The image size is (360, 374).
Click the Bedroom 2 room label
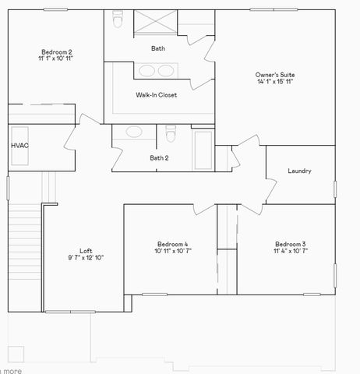pyautogui.click(x=56, y=52)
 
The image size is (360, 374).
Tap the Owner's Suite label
pyautogui.click(x=275, y=75)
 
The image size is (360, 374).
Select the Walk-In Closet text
pyautogui.click(x=156, y=95)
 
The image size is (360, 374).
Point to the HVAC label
pyautogui.click(x=19, y=145)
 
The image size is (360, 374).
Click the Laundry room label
pyautogui.click(x=300, y=171)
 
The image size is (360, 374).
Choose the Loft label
pyautogui.click(x=86, y=250)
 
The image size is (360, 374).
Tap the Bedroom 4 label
pyautogui.click(x=171, y=244)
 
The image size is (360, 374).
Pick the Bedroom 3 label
pyautogui.click(x=290, y=244)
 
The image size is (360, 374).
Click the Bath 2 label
pyautogui.click(x=159, y=158)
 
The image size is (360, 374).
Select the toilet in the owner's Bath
pyautogui.click(x=117, y=19)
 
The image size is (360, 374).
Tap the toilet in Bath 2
pyautogui.click(x=171, y=135)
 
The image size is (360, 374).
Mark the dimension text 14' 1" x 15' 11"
pyautogui.click(x=275, y=83)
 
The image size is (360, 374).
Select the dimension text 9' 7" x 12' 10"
pyautogui.click(x=86, y=258)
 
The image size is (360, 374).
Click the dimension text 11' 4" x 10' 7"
pyautogui.click(x=290, y=252)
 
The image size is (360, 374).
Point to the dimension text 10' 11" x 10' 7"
pyautogui.click(x=171, y=252)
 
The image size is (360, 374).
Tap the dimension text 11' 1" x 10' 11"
pyautogui.click(x=56, y=59)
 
